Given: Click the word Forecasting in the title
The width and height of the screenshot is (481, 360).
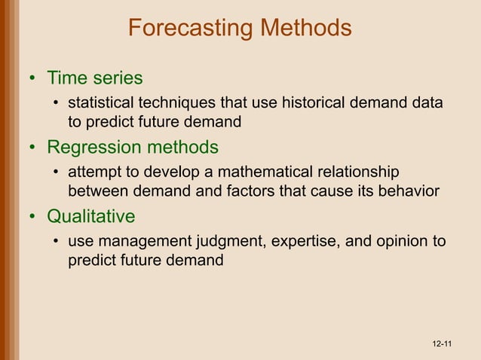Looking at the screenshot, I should tap(191, 28).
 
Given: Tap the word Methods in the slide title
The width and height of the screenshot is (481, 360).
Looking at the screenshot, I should tap(305, 28).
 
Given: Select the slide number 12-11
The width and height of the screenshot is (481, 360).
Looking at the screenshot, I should tap(442, 344).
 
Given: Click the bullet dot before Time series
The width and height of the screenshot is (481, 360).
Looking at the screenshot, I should tap(32, 78).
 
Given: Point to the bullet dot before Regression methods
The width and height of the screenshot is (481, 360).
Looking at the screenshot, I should tap(32, 148).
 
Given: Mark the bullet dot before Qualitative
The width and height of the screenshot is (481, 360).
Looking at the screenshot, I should tap(32, 218).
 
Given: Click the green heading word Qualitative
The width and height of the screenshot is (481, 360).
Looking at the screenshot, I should tap(91, 217).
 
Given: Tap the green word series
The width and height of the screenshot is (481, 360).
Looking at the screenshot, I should tap(118, 78).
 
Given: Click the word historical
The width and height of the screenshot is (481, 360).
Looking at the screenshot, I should tap(315, 102).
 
